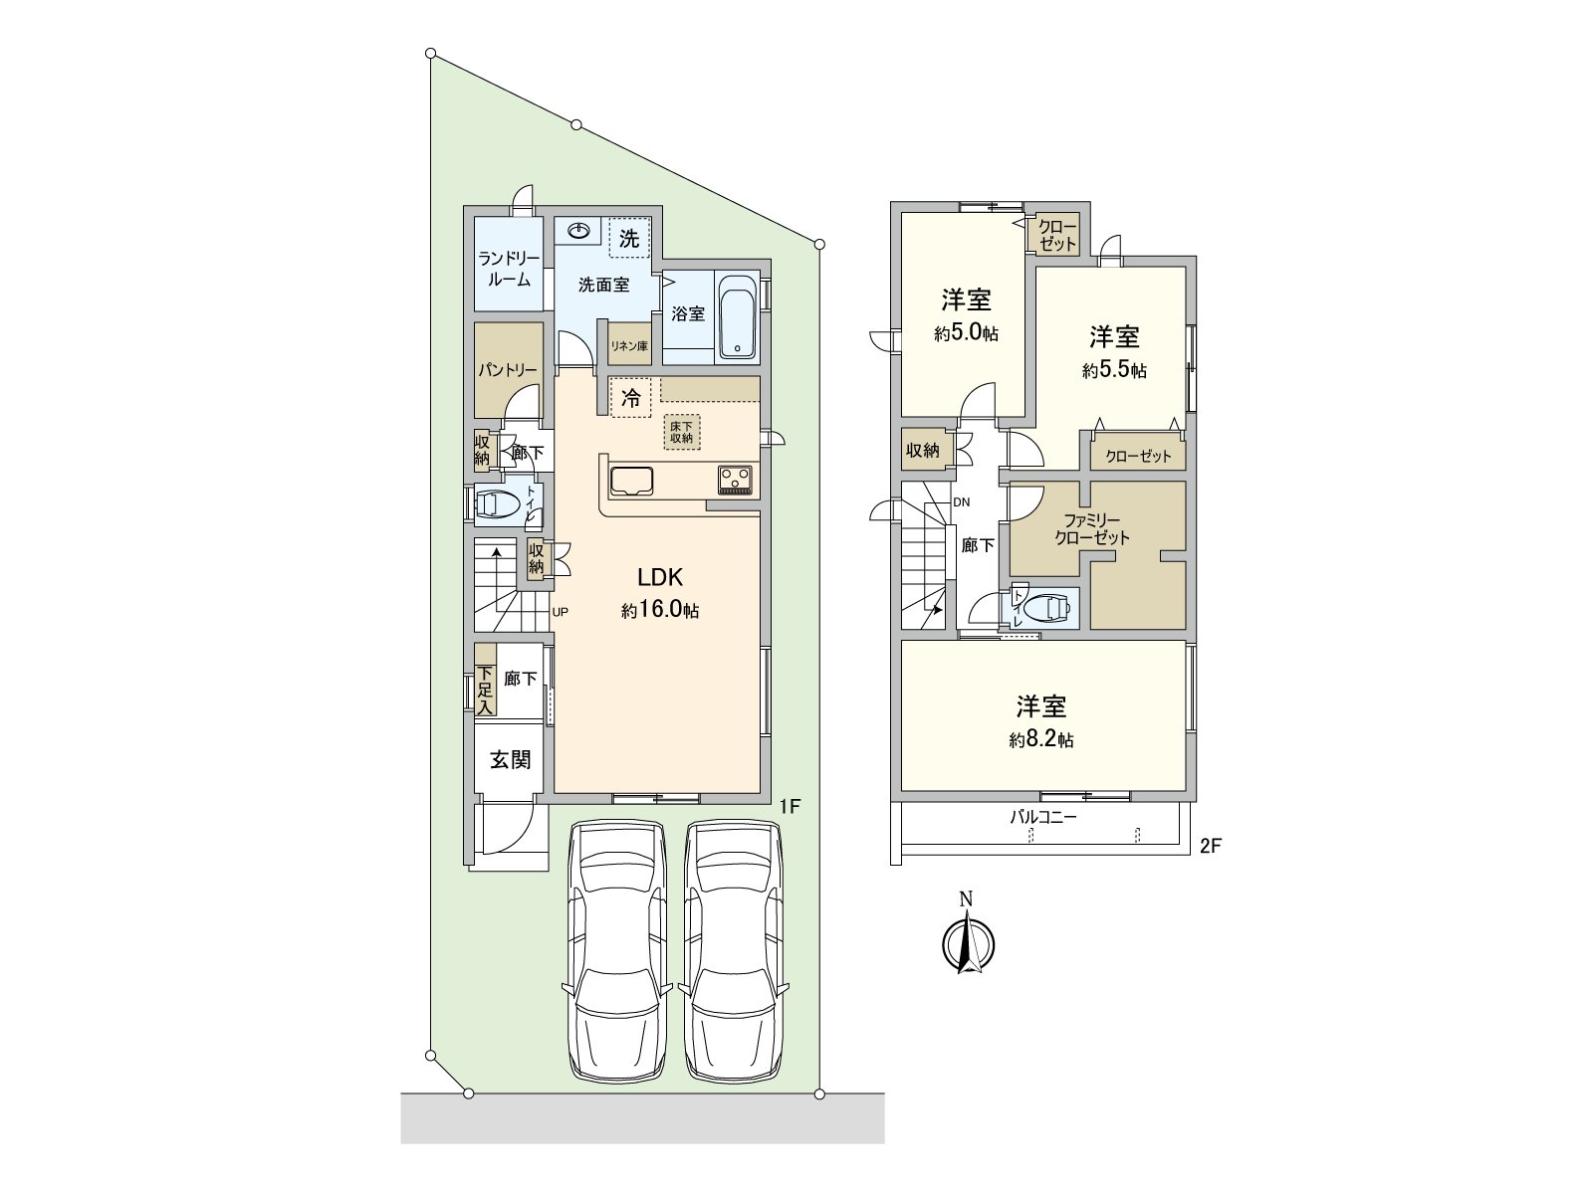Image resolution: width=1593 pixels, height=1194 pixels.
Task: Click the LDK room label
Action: click(659, 577)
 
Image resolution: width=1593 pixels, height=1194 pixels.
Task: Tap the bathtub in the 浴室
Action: click(738, 315)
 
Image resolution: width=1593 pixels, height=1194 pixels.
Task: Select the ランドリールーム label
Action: click(509, 269)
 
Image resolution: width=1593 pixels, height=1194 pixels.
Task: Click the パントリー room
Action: click(508, 370)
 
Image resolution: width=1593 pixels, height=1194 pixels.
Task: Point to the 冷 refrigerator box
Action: click(630, 399)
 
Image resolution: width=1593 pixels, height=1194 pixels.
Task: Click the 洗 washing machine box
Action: click(629, 238)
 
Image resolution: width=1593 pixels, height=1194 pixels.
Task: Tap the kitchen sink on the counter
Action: click(630, 481)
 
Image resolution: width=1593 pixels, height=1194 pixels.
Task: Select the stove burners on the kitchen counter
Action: click(736, 480)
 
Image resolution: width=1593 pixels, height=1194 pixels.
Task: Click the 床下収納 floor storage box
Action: click(683, 432)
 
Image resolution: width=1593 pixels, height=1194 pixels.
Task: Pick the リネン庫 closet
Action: click(629, 346)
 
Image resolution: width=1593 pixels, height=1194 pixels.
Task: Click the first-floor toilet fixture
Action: click(498, 506)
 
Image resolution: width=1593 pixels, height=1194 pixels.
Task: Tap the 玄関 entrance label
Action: click(510, 760)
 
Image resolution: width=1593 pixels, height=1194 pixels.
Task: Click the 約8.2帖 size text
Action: click(1041, 740)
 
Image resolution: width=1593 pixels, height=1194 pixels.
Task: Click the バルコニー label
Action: click(1043, 817)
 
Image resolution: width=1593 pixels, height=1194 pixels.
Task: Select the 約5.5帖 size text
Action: click(1114, 370)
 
